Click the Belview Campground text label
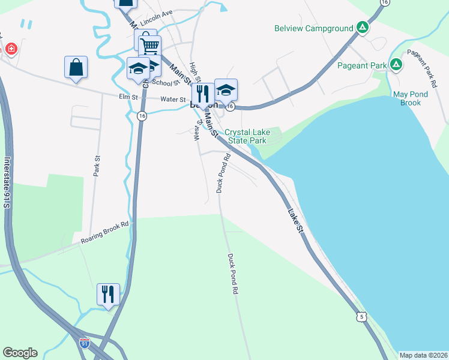tap(312, 28)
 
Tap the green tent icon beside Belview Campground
tap(362, 27)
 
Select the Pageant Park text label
tap(361, 65)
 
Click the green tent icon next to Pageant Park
tap(396, 64)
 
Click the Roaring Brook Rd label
tap(105, 233)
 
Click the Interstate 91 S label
tap(7, 183)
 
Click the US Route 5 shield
tap(359, 315)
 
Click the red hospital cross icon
tap(10, 49)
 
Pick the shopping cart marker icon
tap(149, 46)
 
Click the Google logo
tap(20, 353)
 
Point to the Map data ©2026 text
tap(423, 355)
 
